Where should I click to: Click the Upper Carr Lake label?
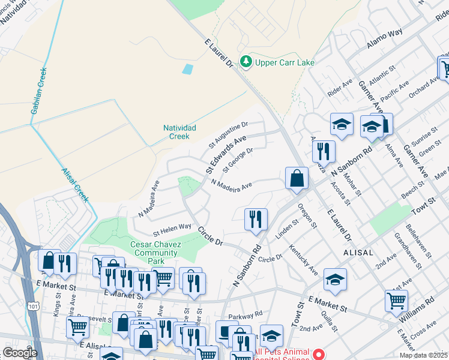[x=285, y=62]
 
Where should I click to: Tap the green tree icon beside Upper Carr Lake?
[x=246, y=62]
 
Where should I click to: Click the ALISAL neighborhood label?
[x=359, y=253]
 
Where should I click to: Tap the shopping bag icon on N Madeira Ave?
[x=297, y=178]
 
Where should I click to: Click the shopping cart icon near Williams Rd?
[x=396, y=301]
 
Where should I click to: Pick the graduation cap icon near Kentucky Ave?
[x=335, y=279]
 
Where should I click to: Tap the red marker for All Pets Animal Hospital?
[x=319, y=354]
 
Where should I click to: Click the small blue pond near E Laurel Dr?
[x=188, y=69]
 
